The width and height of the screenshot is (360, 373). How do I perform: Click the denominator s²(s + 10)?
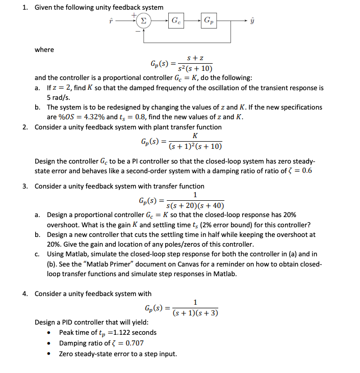[195, 69]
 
